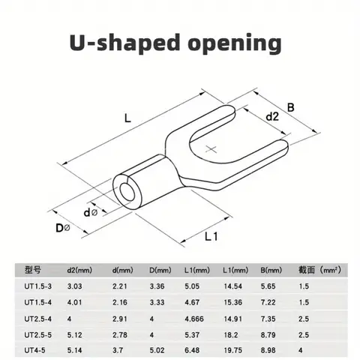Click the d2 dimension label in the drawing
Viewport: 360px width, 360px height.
coord(271,116)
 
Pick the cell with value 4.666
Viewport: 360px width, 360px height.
coord(196,317)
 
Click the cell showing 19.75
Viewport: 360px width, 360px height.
coord(232,349)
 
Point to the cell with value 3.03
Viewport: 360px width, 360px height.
coord(75,286)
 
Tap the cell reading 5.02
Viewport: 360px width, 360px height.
coord(154,349)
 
